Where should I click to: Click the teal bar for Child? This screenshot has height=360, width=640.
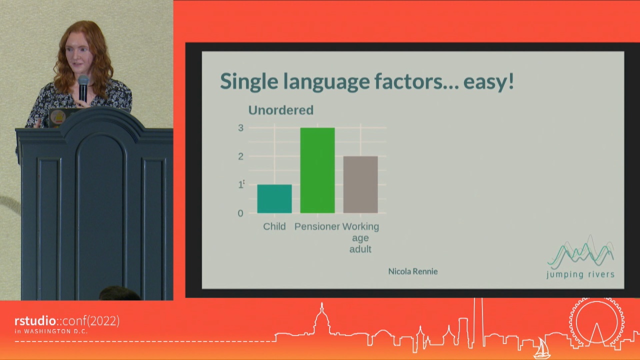coord(274,198)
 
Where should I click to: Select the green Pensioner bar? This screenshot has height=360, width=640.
coord(317,170)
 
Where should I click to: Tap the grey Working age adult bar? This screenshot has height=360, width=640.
coord(360,184)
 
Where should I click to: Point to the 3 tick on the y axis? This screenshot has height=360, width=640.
coord(240,128)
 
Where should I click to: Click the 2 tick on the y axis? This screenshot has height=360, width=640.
coord(240,156)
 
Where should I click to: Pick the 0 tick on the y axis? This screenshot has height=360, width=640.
coord(240,213)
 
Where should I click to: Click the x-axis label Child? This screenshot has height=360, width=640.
coord(274,226)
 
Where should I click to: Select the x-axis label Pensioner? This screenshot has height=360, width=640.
coord(317,226)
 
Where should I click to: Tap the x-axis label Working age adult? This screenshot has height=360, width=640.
coord(360,237)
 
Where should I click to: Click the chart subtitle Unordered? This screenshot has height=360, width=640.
coord(280,110)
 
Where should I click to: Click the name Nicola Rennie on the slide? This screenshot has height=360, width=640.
coord(412,271)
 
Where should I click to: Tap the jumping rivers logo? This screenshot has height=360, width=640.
coord(580,257)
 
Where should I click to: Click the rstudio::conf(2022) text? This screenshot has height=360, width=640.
coord(67,321)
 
